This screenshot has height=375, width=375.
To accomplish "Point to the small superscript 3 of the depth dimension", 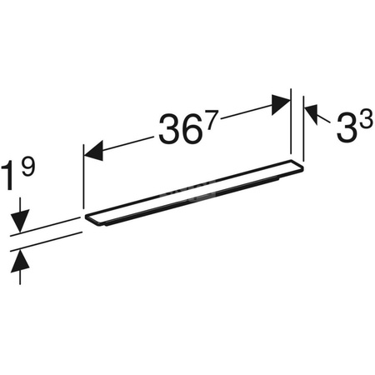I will tap(364, 117).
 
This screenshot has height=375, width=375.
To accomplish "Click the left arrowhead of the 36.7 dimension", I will tap(93, 151).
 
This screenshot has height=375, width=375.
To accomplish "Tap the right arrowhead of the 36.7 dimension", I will tap(280, 103).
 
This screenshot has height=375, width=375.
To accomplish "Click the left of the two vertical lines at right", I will tap(291, 125).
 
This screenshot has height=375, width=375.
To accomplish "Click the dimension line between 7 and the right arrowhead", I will tap(246, 112).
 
